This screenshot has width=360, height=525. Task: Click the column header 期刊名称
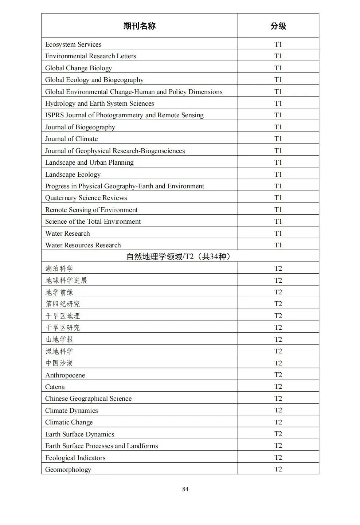point(139,26)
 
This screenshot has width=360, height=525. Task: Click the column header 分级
point(278,26)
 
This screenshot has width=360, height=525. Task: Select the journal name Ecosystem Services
point(73,44)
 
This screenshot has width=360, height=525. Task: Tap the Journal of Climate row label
point(71,139)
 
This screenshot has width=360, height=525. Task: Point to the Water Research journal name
point(67,234)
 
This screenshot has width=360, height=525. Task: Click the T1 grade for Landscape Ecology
point(278,174)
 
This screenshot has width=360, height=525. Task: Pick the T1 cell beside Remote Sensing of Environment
point(278,209)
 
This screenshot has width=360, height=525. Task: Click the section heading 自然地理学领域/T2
point(179,256)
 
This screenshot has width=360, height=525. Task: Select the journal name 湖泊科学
point(59,269)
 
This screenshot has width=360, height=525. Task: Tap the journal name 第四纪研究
point(62,304)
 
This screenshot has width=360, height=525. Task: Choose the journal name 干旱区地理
point(62,316)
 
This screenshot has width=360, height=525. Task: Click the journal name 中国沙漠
point(59,363)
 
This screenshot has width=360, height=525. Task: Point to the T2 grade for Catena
point(278,387)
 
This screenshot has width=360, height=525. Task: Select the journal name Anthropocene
point(65,375)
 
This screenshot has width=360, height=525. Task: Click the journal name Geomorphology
point(68,470)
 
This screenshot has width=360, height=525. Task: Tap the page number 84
point(185,489)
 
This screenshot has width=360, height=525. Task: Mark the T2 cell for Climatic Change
point(278,422)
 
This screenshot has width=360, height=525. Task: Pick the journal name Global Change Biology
point(78,68)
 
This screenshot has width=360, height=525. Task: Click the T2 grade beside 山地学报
point(278,339)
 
